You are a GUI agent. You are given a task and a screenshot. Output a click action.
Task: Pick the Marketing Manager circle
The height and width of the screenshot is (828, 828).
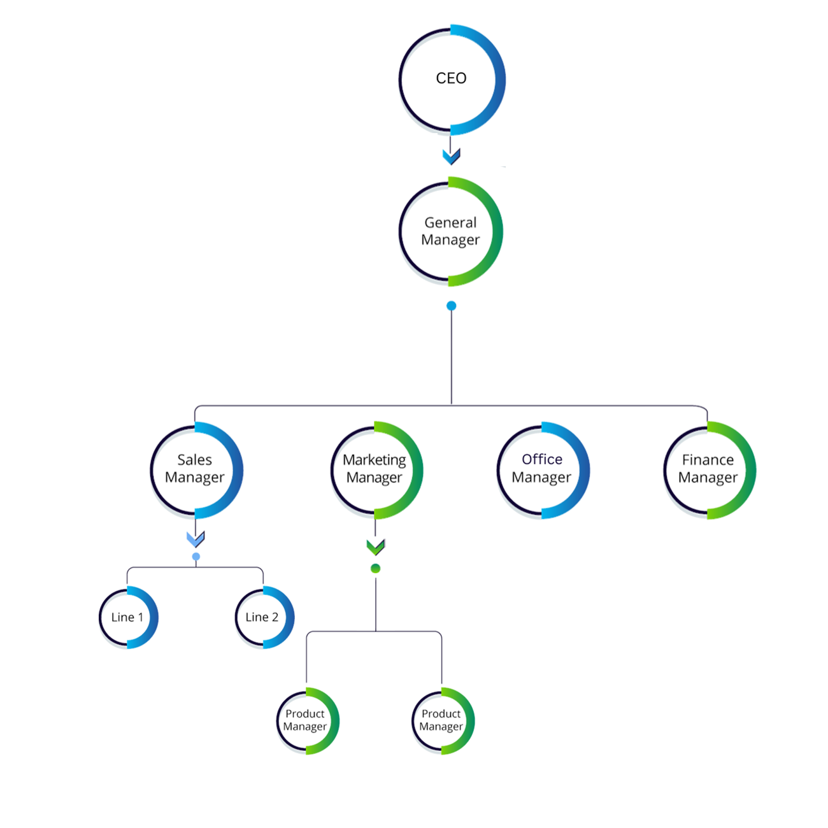click(x=376, y=468)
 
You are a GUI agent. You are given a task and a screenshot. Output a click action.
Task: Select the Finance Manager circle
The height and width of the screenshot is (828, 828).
click(x=709, y=468)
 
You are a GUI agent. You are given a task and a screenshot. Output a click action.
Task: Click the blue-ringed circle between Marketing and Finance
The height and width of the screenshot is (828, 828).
click(x=542, y=468)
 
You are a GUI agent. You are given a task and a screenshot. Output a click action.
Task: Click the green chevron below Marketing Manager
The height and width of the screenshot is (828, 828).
click(x=376, y=547)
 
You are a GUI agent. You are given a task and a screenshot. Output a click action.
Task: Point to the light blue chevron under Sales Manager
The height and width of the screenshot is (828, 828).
click(x=195, y=548)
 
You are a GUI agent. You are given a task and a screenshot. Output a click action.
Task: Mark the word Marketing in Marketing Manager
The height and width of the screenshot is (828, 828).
click(x=376, y=459)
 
